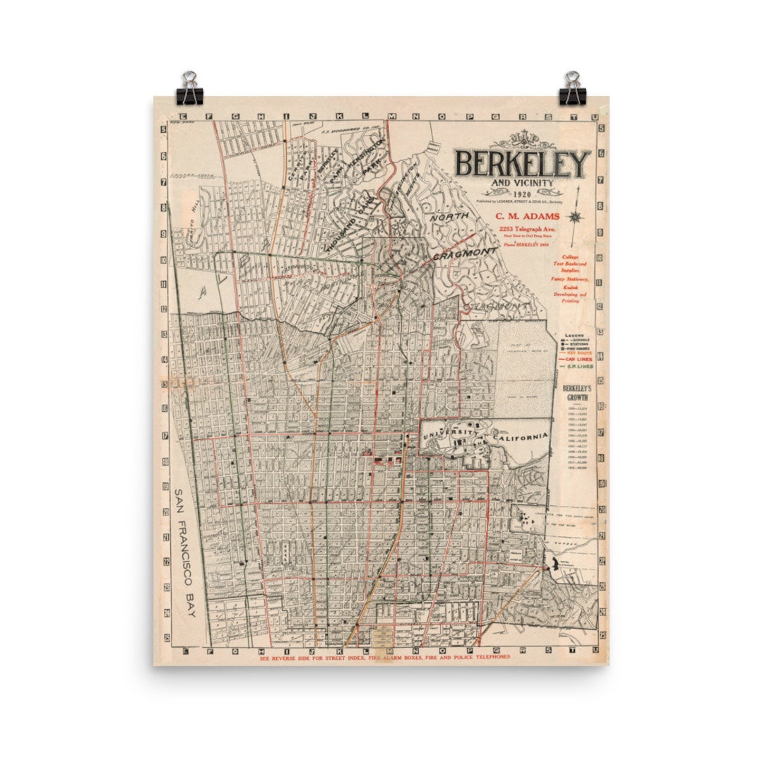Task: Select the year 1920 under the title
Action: (523, 194)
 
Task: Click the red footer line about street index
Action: (384, 657)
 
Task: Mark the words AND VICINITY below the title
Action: (523, 184)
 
